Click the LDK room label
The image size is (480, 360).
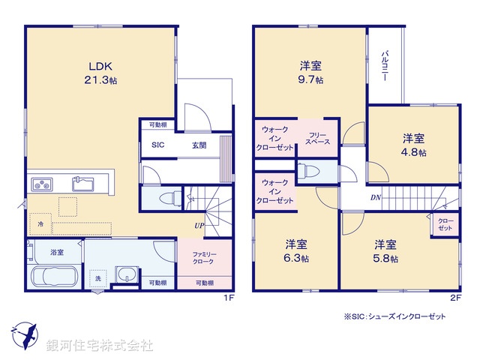point(101,64)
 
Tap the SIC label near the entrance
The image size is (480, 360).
point(157,145)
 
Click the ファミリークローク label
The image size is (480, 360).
point(198,257)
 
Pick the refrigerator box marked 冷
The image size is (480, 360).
point(39,223)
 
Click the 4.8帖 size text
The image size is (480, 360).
point(413,152)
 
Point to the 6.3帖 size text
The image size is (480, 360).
point(296,259)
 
